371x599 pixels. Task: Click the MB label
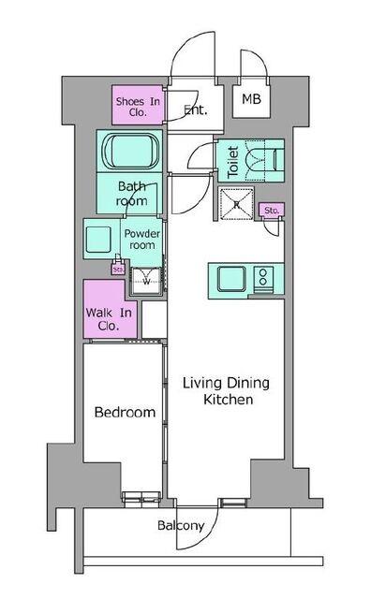point(251,99)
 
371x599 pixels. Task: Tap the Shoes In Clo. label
point(138,107)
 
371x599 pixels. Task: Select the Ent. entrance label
point(196,110)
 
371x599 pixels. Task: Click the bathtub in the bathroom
point(130,151)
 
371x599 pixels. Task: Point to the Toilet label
point(233,162)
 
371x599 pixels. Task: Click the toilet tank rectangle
point(278,159)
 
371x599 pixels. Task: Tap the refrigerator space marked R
point(236,204)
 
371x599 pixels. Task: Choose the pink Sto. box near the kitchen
point(272,210)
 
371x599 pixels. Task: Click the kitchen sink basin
point(231,279)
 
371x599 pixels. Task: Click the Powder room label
point(141,240)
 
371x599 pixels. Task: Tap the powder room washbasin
point(98,240)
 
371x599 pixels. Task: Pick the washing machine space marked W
point(146,281)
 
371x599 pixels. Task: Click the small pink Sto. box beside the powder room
point(118,269)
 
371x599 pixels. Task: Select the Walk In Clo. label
point(109,319)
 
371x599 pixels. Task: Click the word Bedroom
point(125,412)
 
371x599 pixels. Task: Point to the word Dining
point(248,383)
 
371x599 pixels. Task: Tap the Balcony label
point(181,526)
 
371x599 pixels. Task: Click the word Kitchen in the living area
point(228,400)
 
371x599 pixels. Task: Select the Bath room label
point(132,194)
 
